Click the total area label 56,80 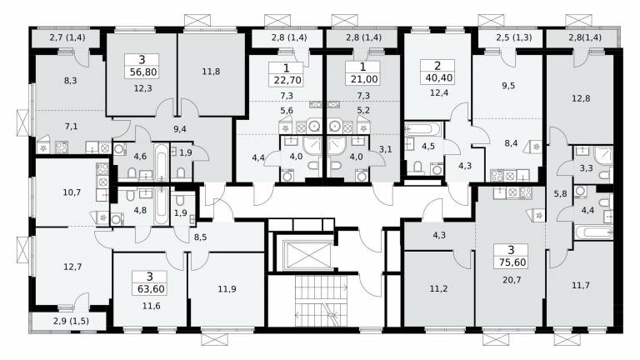141,72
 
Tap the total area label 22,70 287,80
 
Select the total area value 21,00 362,79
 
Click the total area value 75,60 512,262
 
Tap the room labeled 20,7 512,280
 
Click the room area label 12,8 580,98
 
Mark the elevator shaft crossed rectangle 308,256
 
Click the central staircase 320,300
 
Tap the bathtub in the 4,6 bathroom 162,161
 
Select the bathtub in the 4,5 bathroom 423,129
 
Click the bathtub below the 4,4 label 593,233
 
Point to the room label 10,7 72,192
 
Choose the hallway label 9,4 180,129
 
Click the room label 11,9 227,289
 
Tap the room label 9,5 508,86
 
